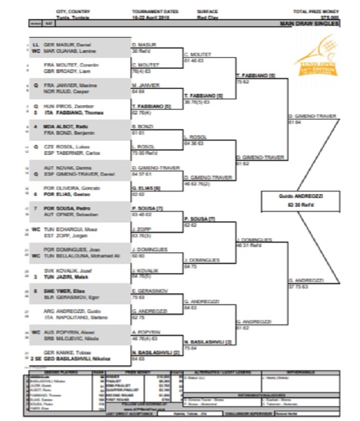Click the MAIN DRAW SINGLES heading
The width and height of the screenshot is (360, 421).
(309, 24)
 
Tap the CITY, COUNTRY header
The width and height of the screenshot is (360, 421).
(73, 11)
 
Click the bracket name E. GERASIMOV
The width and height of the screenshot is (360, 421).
(147, 292)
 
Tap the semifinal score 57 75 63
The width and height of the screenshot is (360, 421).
(300, 285)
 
